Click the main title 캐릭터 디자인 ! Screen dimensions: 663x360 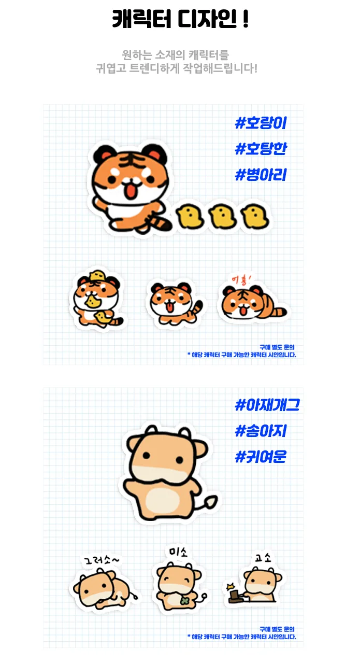pyautogui.click(x=180, y=21)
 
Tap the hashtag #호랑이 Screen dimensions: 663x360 pyautogui.click(x=261, y=123)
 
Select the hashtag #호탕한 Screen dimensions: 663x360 pyautogui.click(x=261, y=149)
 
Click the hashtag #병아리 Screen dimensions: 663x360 pyautogui.click(x=261, y=175)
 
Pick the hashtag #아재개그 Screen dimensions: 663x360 pyautogui.click(x=267, y=405)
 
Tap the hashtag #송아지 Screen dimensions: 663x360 pyautogui.click(x=261, y=431)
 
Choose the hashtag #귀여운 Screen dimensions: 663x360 pyautogui.click(x=261, y=457)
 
